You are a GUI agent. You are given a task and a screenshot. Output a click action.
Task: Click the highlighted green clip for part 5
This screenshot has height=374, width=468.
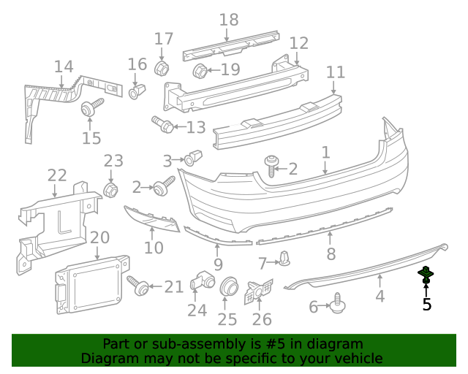426,275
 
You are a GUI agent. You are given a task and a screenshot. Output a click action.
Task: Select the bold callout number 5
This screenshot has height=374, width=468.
427,305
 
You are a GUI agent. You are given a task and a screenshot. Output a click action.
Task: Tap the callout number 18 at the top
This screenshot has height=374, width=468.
229,20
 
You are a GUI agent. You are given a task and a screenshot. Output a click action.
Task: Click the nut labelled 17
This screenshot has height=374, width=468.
162,68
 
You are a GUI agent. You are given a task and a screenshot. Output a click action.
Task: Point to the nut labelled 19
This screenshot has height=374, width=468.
200,71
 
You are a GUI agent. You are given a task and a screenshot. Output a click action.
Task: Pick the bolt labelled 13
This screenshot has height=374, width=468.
162,125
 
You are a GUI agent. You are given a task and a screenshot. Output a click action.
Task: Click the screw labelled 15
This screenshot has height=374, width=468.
91,107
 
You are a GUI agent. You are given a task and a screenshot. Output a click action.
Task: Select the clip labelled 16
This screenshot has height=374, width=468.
137,92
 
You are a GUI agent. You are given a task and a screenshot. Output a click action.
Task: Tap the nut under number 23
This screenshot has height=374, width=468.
110,190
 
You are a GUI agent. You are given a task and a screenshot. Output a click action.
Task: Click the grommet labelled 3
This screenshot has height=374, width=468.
193,158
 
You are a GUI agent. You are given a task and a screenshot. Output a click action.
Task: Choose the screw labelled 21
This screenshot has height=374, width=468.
137,286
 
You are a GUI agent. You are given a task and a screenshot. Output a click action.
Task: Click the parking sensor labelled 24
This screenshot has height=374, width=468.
202,280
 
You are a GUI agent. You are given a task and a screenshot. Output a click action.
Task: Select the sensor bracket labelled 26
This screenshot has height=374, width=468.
259,291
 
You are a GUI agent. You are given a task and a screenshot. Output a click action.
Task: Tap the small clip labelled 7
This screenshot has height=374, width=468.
284,259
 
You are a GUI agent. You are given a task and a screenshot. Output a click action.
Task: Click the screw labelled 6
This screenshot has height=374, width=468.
338,303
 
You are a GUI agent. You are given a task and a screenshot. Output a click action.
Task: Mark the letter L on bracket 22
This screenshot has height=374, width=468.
64,223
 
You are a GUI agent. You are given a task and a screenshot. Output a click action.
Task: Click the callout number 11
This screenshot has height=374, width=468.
336,72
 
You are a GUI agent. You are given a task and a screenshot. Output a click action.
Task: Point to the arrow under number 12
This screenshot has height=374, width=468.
298,58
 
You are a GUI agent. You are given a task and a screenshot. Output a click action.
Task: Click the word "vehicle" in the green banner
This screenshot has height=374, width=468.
360,359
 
